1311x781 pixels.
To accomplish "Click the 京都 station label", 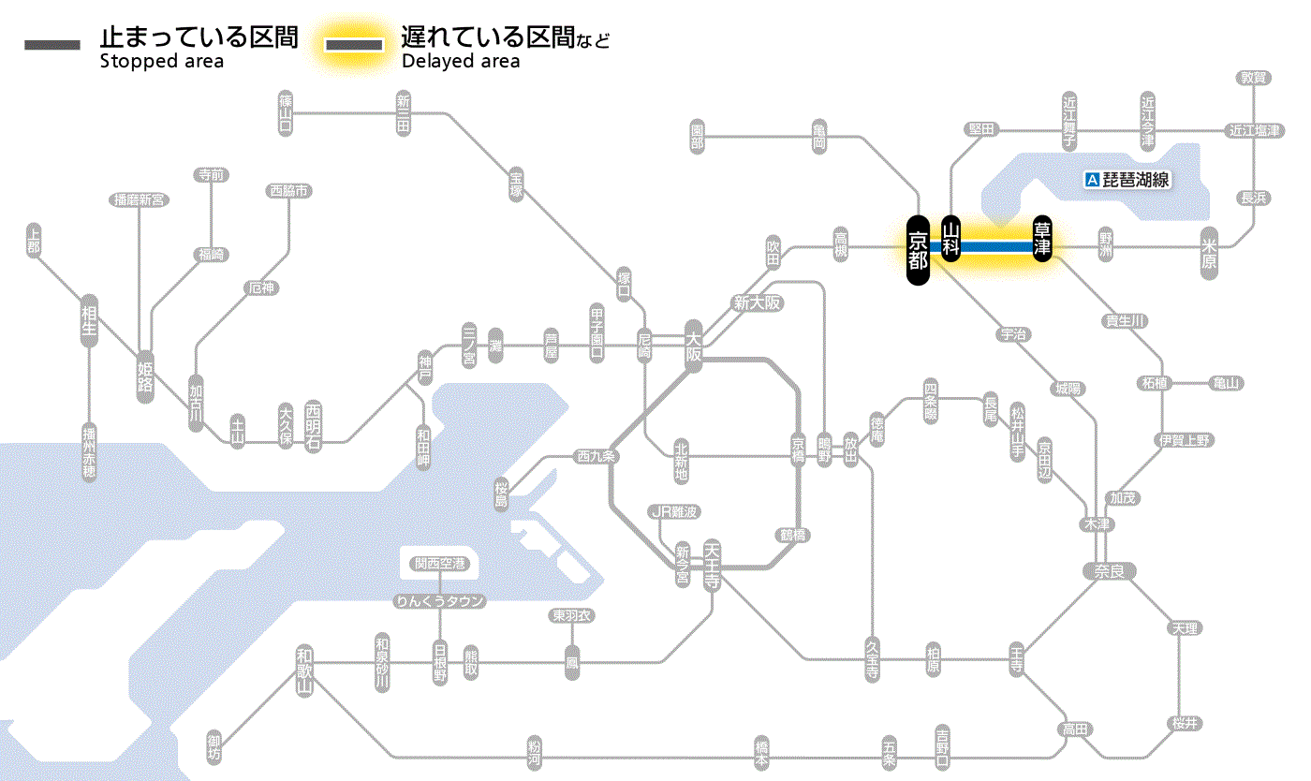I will [918, 250].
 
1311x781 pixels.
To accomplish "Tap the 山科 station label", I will [951, 239].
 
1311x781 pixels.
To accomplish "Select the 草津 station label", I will [1042, 239].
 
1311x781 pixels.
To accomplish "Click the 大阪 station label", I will [693, 346].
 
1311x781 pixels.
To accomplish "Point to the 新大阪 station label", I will [757, 302].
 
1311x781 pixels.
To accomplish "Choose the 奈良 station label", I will [1109, 570].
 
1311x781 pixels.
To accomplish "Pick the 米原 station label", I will [1212, 253].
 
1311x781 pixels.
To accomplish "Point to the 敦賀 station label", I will [1254, 78].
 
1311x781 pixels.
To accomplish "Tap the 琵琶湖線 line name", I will [1136, 180].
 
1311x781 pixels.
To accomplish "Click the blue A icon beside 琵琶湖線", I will [1091, 180].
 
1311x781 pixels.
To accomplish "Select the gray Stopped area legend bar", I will [52, 45].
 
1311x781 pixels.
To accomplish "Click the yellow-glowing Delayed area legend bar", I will [354, 45].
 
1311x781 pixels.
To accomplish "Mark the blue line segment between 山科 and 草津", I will [996, 246].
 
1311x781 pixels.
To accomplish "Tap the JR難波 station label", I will [674, 511].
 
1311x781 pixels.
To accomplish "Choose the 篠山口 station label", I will [286, 112].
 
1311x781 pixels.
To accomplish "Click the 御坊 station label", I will [214, 748].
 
